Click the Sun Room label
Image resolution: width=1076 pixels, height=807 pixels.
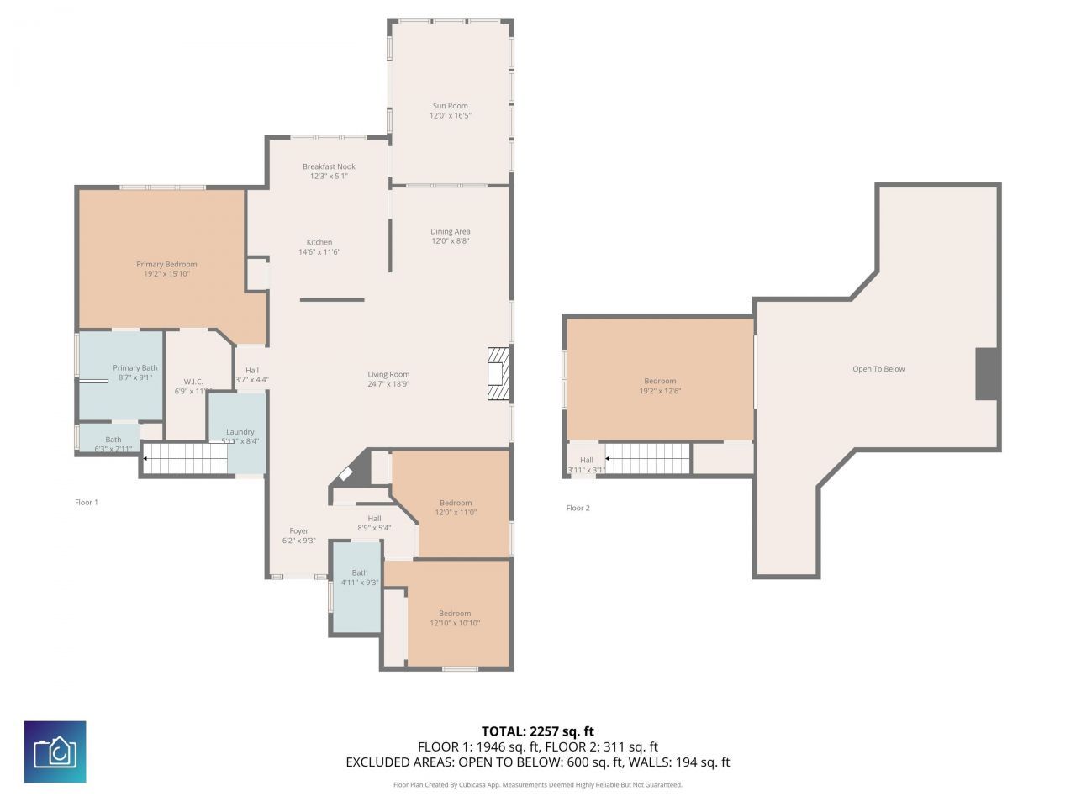pyautogui.click(x=450, y=106)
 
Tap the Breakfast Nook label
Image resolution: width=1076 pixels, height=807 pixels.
pyautogui.click(x=329, y=166)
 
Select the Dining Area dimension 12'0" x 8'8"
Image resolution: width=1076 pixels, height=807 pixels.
pyautogui.click(x=450, y=241)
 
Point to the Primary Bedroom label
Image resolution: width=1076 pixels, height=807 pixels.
pyautogui.click(x=166, y=264)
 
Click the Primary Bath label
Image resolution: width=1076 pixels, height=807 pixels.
pyautogui.click(x=135, y=367)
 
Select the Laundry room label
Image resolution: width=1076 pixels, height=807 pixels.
pyautogui.click(x=240, y=431)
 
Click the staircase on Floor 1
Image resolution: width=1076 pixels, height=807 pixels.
pyautogui.click(x=185, y=459)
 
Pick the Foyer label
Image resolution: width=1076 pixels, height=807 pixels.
pyautogui.click(x=298, y=530)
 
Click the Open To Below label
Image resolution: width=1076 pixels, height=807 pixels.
pyautogui.click(x=878, y=369)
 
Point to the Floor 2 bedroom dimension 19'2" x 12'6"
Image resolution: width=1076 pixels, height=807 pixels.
pyautogui.click(x=660, y=391)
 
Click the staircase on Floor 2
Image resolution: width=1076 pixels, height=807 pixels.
pyautogui.click(x=648, y=459)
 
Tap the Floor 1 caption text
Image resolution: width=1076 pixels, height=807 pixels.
pyautogui.click(x=87, y=503)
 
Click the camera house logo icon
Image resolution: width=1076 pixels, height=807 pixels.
pyautogui.click(x=55, y=752)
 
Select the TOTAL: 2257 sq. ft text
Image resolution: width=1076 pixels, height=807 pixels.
pyautogui.click(x=537, y=731)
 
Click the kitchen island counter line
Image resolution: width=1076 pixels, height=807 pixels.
pyautogui.click(x=332, y=299)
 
